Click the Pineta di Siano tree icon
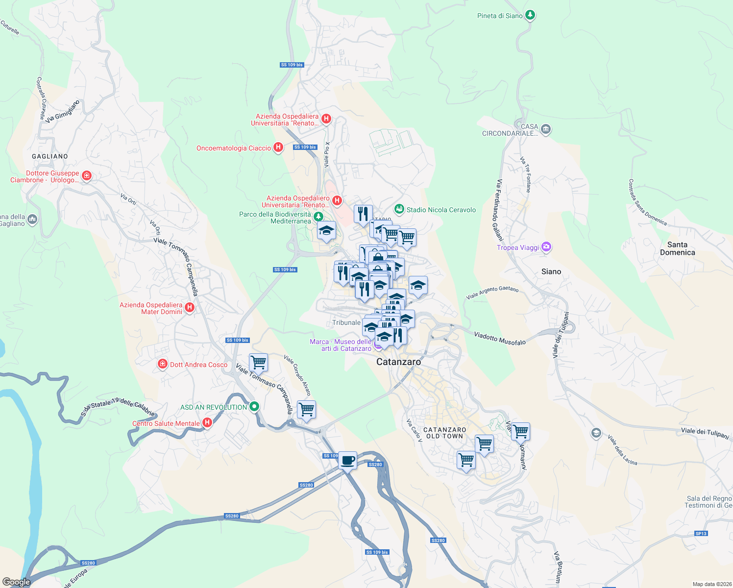click(530, 15)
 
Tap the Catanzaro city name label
click(398, 362)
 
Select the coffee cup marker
click(347, 461)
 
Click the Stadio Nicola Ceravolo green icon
click(399, 209)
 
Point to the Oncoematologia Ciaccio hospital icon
click(278, 147)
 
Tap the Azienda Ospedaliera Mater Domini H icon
click(190, 308)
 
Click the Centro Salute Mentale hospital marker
click(207, 422)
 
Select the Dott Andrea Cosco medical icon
click(163, 364)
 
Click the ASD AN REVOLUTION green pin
click(254, 407)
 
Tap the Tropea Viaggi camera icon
click(546, 247)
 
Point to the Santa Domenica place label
click(677, 248)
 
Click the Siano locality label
click(551, 271)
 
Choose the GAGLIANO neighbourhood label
click(50, 156)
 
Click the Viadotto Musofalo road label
click(500, 338)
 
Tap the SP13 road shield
click(701, 533)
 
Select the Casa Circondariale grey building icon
click(546, 129)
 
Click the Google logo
click(17, 582)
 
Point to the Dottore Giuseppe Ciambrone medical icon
click(87, 175)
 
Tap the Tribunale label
click(346, 322)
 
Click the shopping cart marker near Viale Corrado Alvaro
click(306, 409)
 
